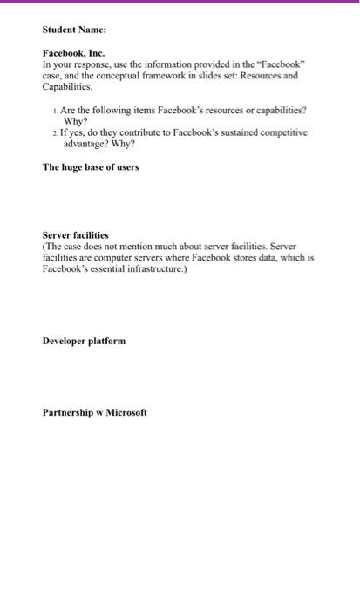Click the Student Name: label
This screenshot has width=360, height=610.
coord(74,30)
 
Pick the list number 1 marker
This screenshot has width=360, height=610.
coord(57,112)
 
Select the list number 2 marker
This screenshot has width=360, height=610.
coord(57,132)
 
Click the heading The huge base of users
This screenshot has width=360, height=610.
coord(90,166)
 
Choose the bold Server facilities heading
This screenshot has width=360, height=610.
coord(76,235)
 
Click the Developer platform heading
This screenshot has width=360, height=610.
coord(84,340)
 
